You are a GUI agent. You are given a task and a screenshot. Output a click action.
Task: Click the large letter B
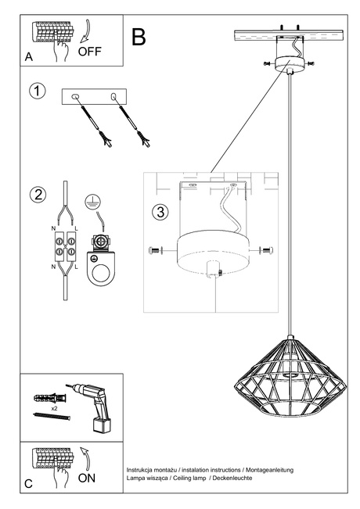point(139,36)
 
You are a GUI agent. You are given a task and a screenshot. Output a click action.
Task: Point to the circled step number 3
point(160,212)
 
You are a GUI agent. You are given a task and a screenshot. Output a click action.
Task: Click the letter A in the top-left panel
point(29,57)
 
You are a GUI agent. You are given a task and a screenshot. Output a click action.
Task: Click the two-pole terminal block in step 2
point(63,247)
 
